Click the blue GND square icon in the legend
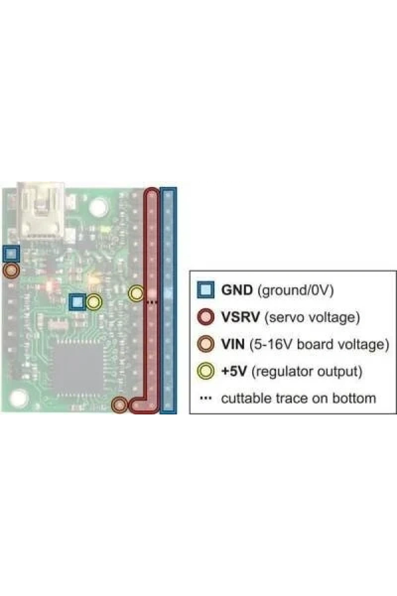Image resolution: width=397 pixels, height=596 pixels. (206, 290)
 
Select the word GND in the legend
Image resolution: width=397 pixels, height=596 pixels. (237, 290)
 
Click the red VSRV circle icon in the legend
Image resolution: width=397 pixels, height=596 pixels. (206, 317)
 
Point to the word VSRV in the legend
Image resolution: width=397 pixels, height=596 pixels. (240, 317)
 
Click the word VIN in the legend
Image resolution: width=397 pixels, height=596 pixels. (233, 344)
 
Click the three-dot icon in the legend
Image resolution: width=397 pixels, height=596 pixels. (206, 398)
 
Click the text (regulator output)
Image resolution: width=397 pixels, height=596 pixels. (307, 372)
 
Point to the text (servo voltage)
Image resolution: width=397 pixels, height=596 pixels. (312, 317)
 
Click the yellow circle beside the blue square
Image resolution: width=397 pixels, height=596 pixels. (94, 302)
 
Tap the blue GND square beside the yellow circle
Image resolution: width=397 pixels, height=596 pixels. (77, 302)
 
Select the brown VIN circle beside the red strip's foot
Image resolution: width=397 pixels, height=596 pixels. (119, 405)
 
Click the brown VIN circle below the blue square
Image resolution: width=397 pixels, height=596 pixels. (11, 271)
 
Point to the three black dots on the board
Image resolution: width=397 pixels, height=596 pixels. (152, 302)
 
